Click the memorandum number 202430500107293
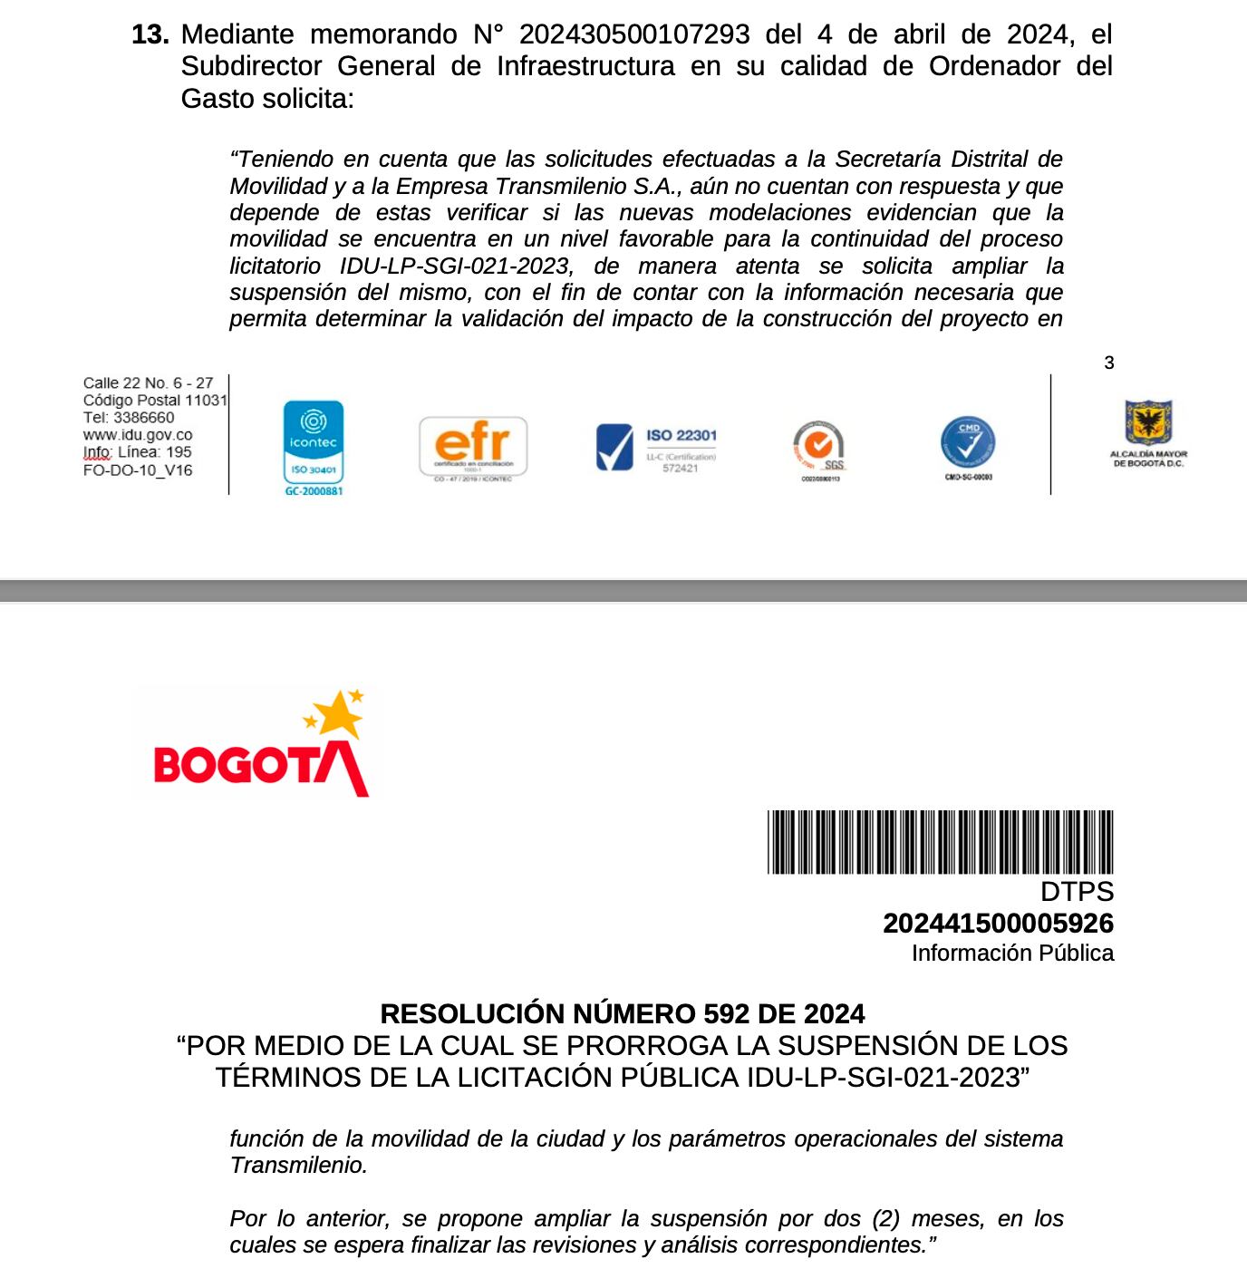click(x=634, y=34)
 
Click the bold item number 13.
click(x=150, y=34)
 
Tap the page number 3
click(x=1108, y=363)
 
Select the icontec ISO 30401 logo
click(x=314, y=444)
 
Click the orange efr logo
click(x=472, y=446)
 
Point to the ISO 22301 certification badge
click(x=656, y=448)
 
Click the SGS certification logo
click(x=819, y=448)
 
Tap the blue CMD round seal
click(x=968, y=444)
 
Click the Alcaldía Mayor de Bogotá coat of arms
click(x=1148, y=423)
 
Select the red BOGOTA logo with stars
click(x=259, y=745)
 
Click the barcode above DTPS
click(x=940, y=842)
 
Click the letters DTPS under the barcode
click(x=1077, y=892)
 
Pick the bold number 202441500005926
click(x=998, y=924)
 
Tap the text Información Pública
click(x=1012, y=954)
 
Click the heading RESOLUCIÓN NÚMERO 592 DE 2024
click(x=623, y=1013)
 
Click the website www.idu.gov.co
click(x=138, y=435)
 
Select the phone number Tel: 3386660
click(x=129, y=418)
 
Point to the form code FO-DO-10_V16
click(x=138, y=470)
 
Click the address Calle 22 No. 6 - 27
click(x=148, y=383)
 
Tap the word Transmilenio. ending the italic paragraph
click(x=299, y=1166)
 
